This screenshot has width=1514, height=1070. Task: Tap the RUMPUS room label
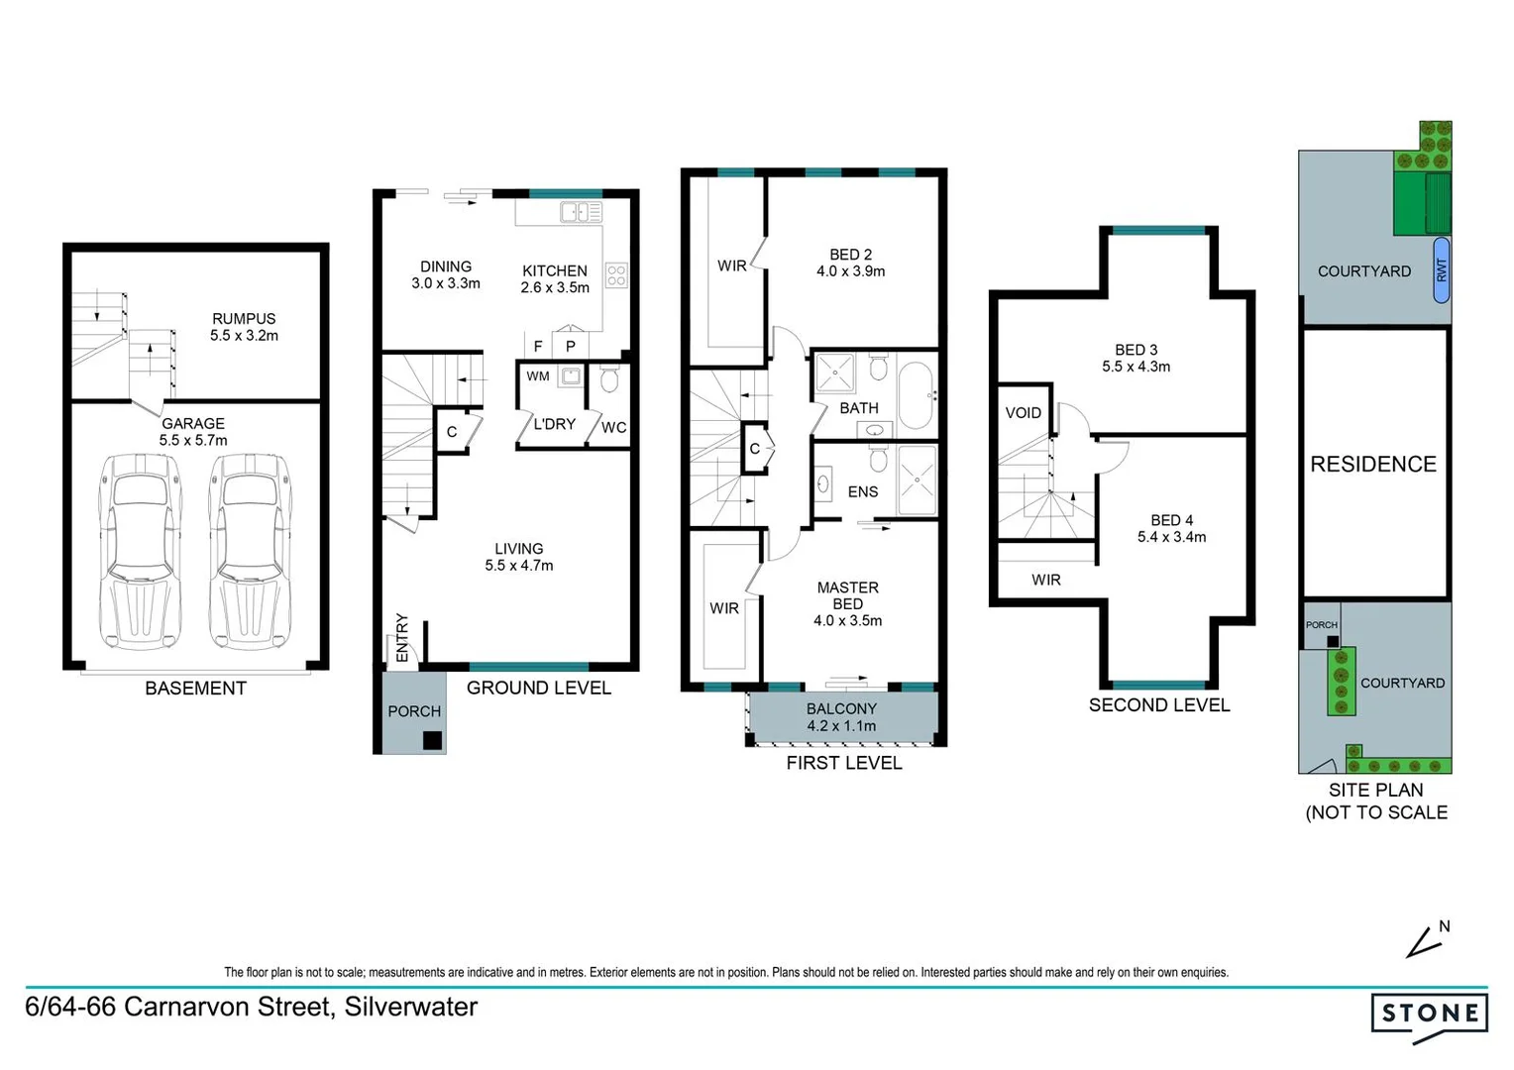point(244,319)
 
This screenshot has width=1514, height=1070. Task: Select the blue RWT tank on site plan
point(1442,268)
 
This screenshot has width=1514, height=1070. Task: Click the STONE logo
point(1429,1015)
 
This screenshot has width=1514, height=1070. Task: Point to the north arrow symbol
point(1425,942)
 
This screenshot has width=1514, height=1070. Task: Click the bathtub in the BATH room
point(916,395)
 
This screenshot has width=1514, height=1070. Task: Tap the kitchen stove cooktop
point(615,274)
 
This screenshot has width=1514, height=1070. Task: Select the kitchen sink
point(581,212)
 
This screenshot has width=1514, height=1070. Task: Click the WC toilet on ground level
point(609,379)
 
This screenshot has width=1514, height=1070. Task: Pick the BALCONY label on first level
point(841,709)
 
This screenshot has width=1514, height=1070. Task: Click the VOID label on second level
point(1023,413)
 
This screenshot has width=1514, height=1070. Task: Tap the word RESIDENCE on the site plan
point(1373,464)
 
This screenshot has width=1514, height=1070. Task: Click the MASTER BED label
point(847,595)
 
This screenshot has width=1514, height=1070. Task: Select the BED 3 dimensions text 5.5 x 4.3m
point(1135,367)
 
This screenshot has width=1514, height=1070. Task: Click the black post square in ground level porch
point(432,740)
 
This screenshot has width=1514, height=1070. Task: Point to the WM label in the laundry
point(538,376)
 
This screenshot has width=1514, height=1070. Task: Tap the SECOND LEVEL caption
point(1158,705)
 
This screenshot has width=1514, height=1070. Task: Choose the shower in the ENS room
point(917,481)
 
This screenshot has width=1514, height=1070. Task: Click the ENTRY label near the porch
point(402,637)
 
